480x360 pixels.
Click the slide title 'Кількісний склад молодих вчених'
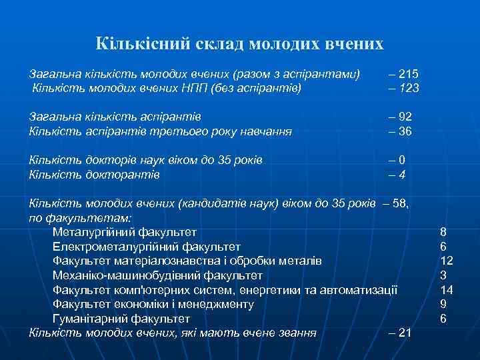coord(240,44)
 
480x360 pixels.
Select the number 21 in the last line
coord(404,333)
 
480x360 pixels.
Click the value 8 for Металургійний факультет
coord(443,233)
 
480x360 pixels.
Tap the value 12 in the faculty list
coord(447,261)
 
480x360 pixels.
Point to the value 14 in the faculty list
coord(447,290)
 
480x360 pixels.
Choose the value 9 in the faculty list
coord(443,305)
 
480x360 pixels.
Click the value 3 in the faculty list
coord(443,275)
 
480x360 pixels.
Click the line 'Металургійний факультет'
coord(125,233)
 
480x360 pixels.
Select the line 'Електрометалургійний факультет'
coord(147,247)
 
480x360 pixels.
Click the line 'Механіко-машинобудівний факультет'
coord(157,275)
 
